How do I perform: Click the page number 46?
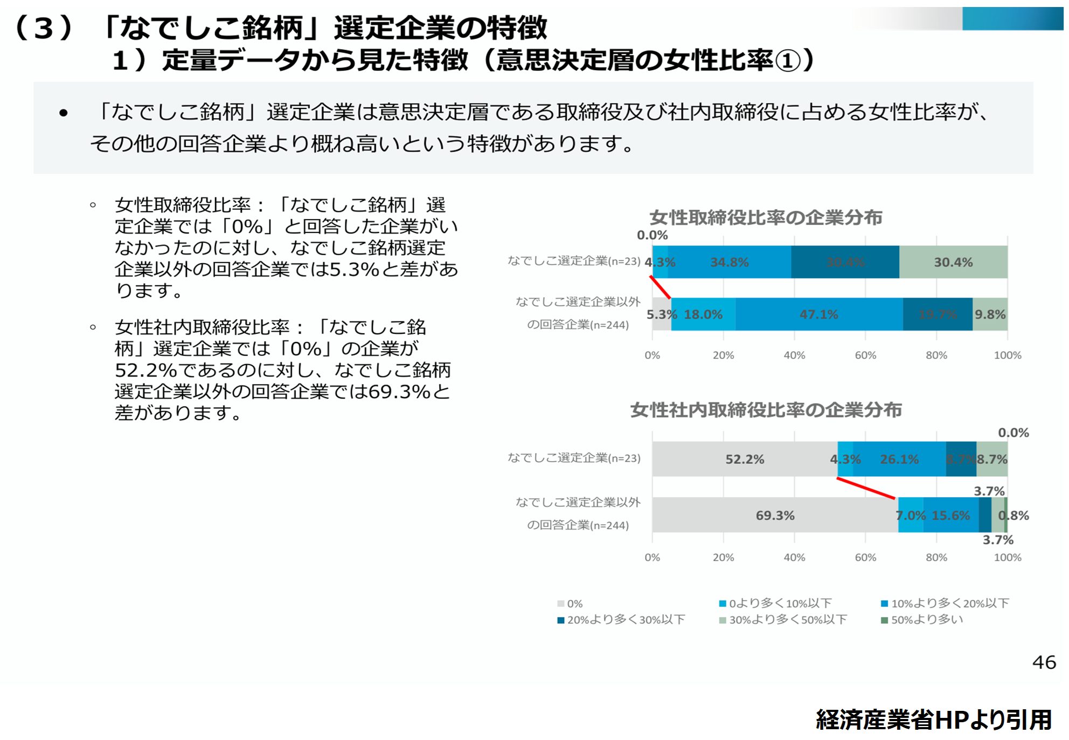[1044, 662]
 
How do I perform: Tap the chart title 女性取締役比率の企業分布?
[766, 217]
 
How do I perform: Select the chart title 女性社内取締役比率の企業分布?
[766, 410]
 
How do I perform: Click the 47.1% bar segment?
[819, 314]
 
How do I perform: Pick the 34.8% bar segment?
[730, 262]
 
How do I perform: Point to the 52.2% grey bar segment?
[745, 459]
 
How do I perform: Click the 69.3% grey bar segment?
[775, 515]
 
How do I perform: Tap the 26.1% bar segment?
[899, 459]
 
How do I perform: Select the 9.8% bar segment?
[990, 314]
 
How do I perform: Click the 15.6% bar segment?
[951, 515]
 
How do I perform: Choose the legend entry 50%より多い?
[922, 620]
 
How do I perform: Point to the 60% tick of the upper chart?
[865, 355]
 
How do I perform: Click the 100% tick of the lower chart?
[1008, 557]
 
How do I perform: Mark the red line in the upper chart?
[660, 287]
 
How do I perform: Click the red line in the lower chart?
[866, 488]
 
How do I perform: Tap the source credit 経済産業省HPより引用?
[934, 720]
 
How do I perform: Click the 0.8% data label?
[1014, 515]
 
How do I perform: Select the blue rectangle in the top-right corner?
[1012, 18]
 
